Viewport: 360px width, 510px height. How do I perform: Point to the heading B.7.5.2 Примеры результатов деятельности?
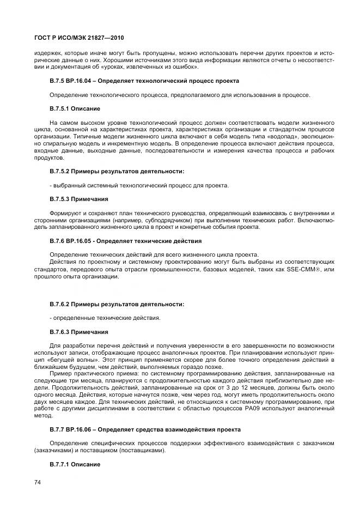click(117, 171)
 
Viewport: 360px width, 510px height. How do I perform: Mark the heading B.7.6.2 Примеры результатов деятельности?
click(117, 303)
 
